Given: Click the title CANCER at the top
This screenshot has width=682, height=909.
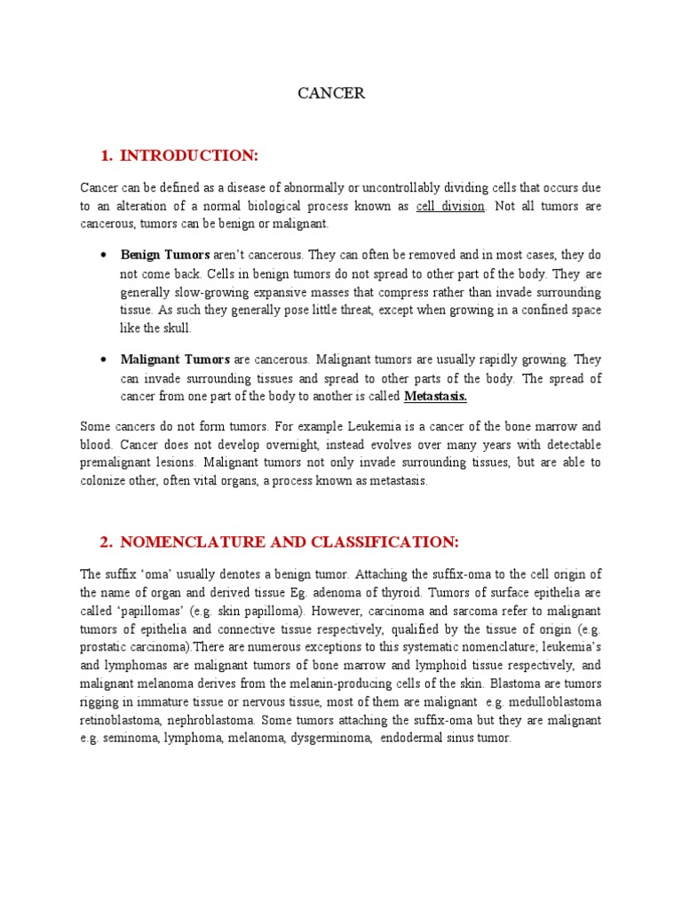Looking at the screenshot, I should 331,93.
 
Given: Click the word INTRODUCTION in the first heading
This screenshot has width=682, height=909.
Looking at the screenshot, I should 188,156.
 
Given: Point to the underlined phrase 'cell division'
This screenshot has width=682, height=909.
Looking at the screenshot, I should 450,207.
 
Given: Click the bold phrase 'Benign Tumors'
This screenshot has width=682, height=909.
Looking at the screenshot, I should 165,256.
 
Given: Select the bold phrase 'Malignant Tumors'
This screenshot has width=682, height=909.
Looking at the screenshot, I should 175,360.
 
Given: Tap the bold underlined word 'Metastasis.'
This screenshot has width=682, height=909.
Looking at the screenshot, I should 435,396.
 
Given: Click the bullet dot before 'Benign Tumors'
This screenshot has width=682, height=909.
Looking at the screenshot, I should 105,256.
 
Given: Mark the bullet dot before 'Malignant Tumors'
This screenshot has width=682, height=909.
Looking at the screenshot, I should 105,360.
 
